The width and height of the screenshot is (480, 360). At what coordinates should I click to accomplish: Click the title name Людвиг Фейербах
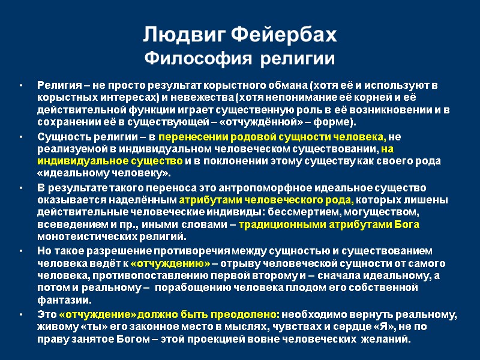tap(240, 36)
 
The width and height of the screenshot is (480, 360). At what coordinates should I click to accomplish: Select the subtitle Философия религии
tap(240, 60)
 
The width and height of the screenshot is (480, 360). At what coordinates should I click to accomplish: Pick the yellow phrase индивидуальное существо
tap(110, 162)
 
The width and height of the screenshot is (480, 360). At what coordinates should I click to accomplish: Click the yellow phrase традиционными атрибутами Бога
tap(329, 226)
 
